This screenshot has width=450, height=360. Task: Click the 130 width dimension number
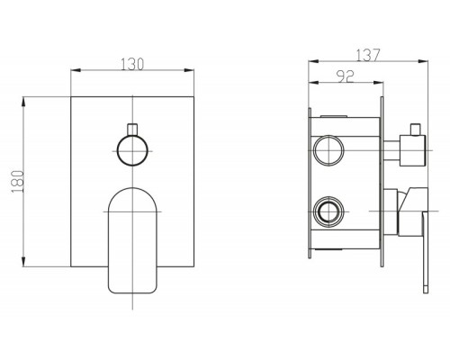tap(132, 64)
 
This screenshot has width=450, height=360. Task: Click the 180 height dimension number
tap(18, 182)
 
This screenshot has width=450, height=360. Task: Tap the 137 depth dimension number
tap(368, 55)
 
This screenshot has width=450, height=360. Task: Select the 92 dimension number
tap(346, 76)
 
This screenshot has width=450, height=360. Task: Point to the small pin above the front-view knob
tap(132, 129)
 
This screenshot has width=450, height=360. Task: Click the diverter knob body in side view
tap(412, 150)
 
